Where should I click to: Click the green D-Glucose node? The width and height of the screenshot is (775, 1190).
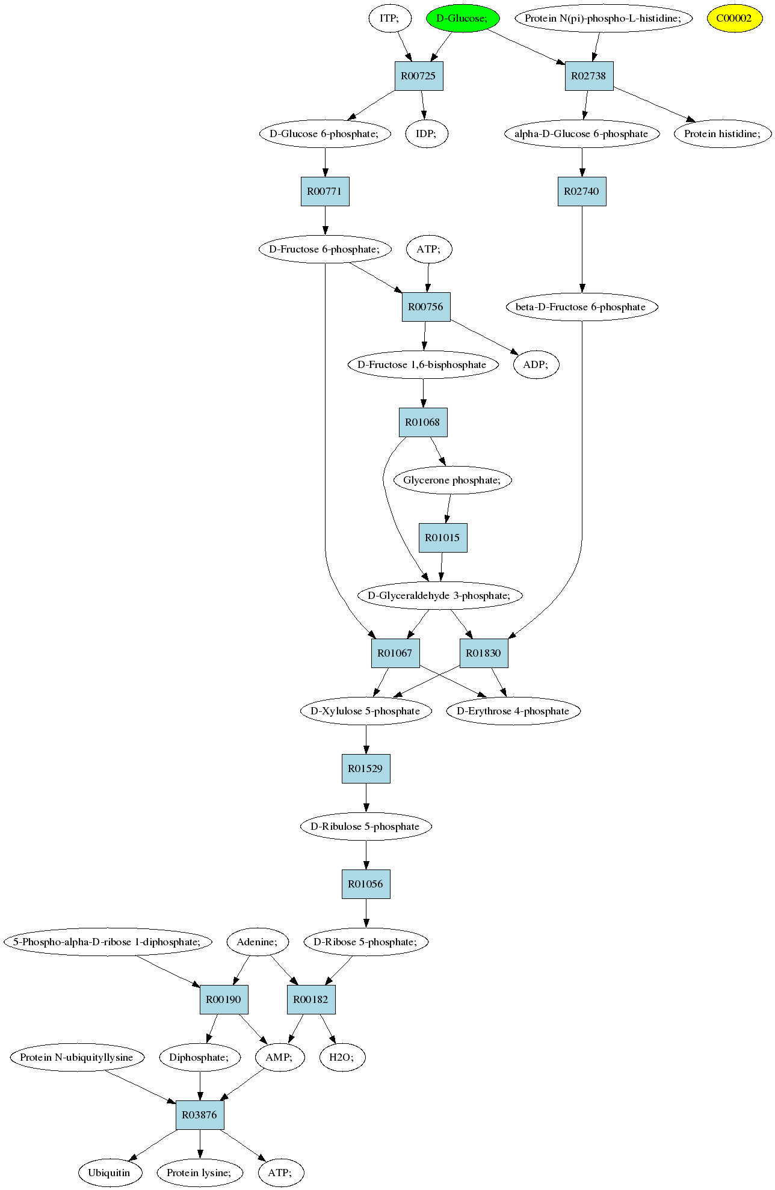(x=463, y=18)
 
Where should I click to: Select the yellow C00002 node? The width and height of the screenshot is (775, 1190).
(x=734, y=18)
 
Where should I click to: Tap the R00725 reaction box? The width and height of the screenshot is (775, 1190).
(x=419, y=76)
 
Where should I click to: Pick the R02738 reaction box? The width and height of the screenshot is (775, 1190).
(x=589, y=76)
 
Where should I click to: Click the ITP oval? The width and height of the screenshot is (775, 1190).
(x=389, y=18)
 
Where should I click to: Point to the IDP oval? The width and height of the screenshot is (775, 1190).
(x=426, y=133)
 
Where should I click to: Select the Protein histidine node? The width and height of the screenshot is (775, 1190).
(x=722, y=133)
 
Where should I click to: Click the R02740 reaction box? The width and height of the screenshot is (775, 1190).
(x=582, y=191)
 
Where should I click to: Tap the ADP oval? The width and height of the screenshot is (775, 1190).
(x=536, y=364)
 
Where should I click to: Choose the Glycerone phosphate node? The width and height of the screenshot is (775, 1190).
(x=452, y=480)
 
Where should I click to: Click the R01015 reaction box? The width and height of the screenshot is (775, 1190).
(x=443, y=538)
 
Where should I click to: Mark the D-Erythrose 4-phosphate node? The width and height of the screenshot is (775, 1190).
(x=513, y=711)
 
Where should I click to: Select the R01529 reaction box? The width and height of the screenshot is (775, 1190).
(x=366, y=768)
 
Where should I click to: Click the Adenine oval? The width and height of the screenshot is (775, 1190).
(x=257, y=942)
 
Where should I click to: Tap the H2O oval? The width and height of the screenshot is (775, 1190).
(x=342, y=1057)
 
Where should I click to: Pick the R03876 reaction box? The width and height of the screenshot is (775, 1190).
(x=200, y=1115)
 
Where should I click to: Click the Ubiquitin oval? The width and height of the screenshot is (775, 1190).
(x=109, y=1173)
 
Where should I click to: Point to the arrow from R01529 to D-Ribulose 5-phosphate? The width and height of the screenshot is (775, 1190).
(x=366, y=797)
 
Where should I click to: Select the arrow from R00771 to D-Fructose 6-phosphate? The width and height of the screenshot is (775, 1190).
(x=325, y=220)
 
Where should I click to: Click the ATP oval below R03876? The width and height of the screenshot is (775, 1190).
(x=280, y=1173)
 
